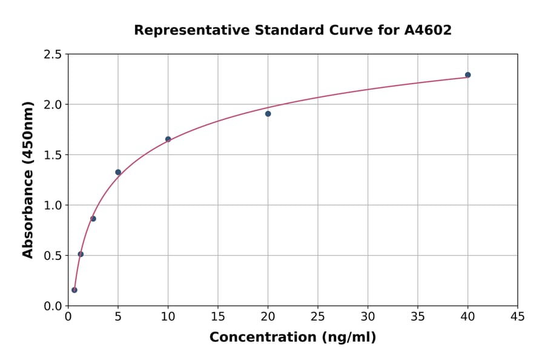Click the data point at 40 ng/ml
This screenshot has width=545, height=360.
pos(467,75)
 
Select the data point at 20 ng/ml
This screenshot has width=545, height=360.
pos(268,114)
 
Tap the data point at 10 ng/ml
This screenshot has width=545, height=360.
pos(168,139)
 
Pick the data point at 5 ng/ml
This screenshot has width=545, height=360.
pos(118,172)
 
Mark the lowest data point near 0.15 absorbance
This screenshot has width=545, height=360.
pos(74,290)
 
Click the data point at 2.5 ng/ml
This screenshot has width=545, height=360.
pos(93,219)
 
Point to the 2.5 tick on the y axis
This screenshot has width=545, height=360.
pos(53,55)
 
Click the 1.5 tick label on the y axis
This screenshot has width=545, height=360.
pos(53,155)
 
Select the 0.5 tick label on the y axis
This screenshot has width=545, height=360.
pos(53,256)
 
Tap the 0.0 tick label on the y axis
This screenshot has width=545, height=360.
pos(53,306)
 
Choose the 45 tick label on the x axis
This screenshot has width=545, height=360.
pos(517,317)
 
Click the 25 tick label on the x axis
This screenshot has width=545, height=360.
pos(318,317)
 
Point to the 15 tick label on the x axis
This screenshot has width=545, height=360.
pos(218,317)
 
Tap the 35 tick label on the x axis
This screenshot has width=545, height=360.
pos(417,317)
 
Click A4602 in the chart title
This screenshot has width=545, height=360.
pos(428,30)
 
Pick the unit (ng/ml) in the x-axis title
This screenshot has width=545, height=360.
pos(348,338)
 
